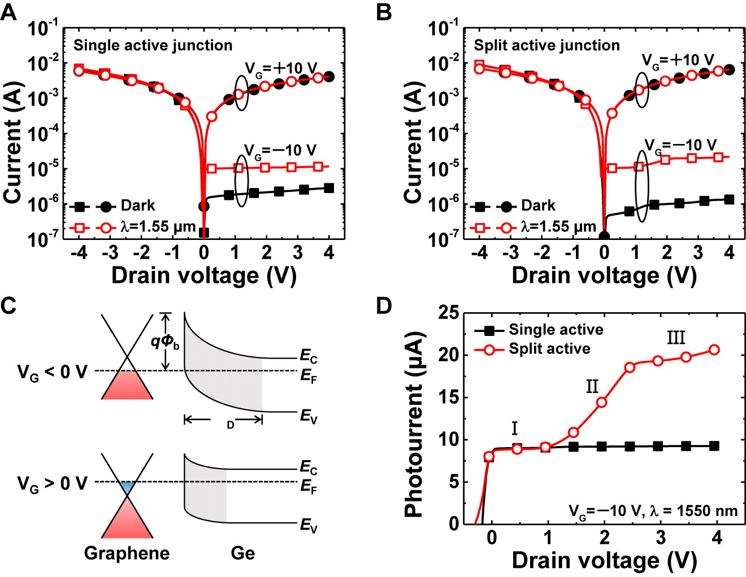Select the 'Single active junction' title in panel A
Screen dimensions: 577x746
point(153,45)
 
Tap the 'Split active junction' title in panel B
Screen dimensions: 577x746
point(547,45)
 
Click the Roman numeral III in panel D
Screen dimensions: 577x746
point(676,338)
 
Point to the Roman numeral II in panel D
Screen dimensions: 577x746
point(592,387)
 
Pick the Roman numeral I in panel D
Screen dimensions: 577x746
point(514,429)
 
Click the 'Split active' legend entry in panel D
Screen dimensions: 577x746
point(549,349)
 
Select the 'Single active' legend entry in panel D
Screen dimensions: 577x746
point(556,330)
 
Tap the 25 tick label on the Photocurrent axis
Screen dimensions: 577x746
point(449,312)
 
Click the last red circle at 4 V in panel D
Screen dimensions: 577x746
point(714,350)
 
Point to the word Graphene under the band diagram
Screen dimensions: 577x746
point(127,553)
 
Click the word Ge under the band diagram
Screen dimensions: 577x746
point(242,553)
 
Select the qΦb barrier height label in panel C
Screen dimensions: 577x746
point(164,342)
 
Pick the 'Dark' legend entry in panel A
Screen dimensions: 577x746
point(137,206)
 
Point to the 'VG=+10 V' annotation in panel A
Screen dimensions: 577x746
point(281,68)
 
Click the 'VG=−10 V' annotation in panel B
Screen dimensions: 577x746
point(680,146)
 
